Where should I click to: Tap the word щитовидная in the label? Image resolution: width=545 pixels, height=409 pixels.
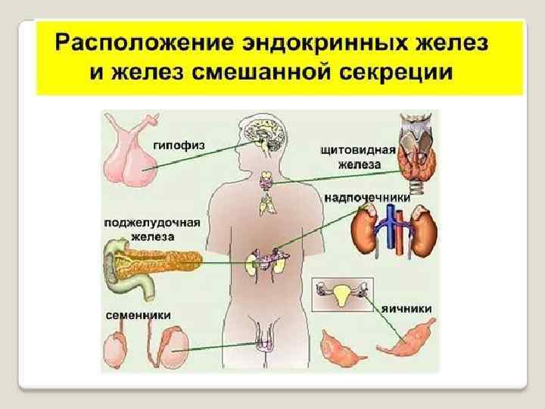pos(358,151)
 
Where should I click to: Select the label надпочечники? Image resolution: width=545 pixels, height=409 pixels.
pos(367,197)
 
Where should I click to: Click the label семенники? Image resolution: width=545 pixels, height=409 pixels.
pos(137,314)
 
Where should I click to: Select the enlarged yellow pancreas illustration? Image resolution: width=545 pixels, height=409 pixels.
pos(151,261)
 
